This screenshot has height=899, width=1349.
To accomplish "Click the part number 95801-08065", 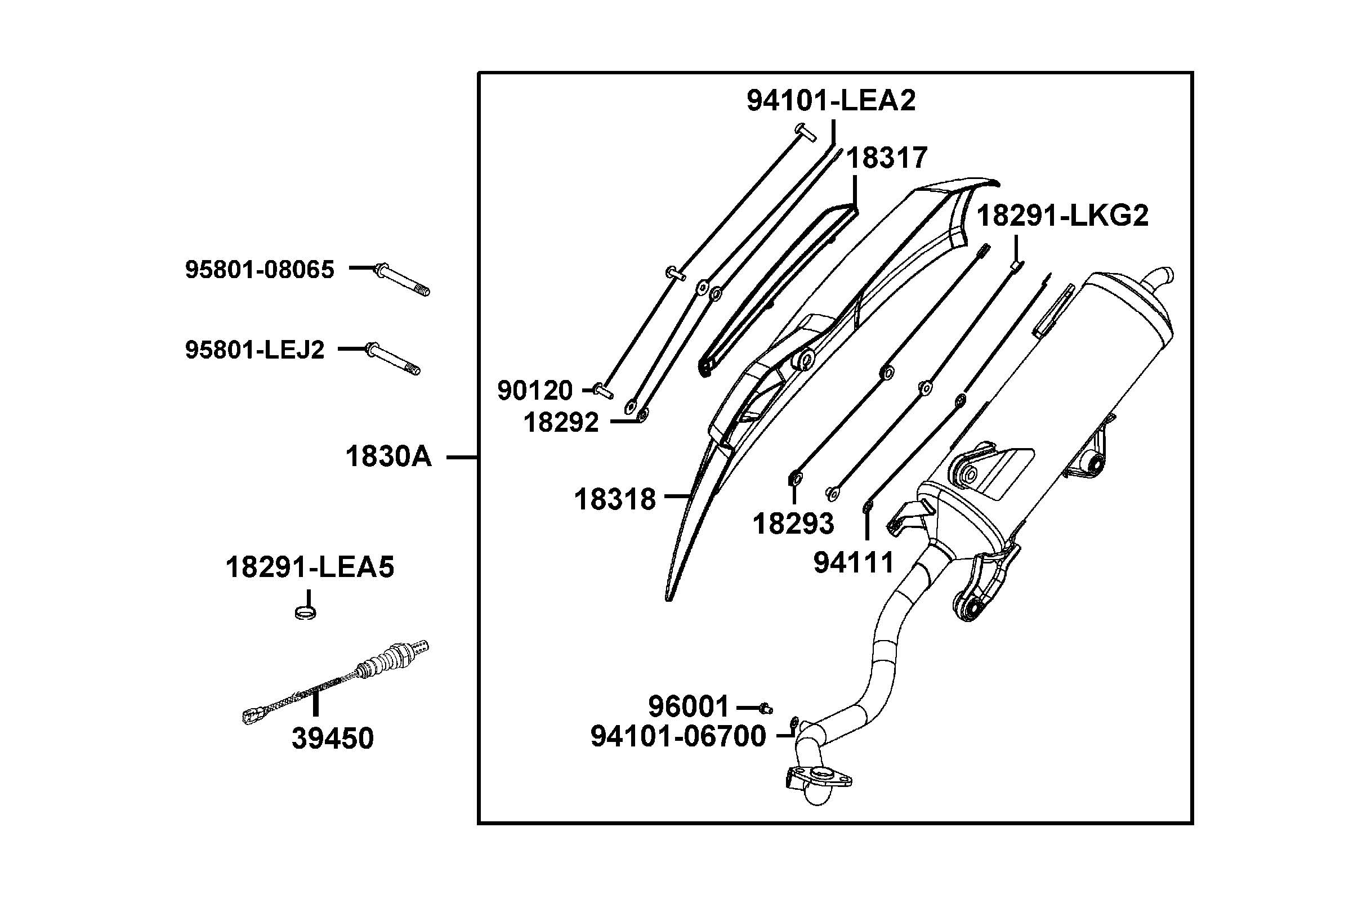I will pyautogui.click(x=259, y=270).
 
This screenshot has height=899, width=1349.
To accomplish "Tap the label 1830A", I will pyautogui.click(x=388, y=457).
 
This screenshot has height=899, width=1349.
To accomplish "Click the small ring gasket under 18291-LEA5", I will pyautogui.click(x=306, y=613).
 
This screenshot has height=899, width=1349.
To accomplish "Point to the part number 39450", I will pyautogui.click(x=333, y=738).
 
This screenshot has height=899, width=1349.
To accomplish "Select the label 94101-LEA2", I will pyautogui.click(x=830, y=101).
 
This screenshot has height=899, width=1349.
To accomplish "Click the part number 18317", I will pyautogui.click(x=886, y=158).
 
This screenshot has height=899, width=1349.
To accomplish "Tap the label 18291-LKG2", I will pyautogui.click(x=1062, y=216).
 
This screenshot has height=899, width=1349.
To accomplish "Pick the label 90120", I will pyautogui.click(x=534, y=391).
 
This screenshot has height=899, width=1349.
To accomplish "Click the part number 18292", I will pyautogui.click(x=561, y=423).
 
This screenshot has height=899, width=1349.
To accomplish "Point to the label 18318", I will pyautogui.click(x=615, y=499).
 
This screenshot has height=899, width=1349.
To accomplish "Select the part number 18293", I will pyautogui.click(x=793, y=524).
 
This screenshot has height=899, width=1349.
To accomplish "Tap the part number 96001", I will pyautogui.click(x=688, y=707).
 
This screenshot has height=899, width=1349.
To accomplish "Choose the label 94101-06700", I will pyautogui.click(x=678, y=736).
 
